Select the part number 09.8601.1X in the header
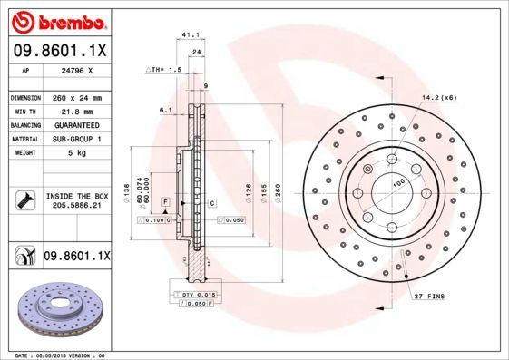[60, 52]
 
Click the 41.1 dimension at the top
[191, 34]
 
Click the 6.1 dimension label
[164, 110]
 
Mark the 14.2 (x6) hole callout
[439, 97]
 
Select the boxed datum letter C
[211, 202]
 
